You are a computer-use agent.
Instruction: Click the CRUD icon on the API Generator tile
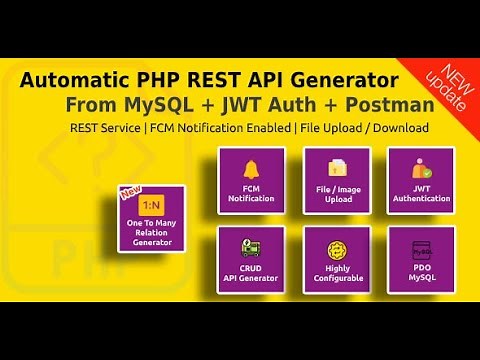coord(251,245)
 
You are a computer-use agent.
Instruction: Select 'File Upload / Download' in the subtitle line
coord(369,128)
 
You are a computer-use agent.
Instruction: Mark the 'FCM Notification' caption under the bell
coord(251,192)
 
